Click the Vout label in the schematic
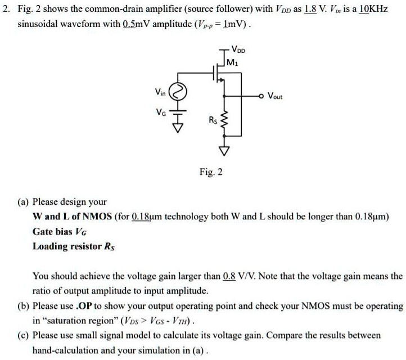tap(275, 96)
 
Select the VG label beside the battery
tap(161, 112)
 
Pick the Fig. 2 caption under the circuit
tap(211, 172)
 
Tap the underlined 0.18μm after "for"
tap(147, 216)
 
